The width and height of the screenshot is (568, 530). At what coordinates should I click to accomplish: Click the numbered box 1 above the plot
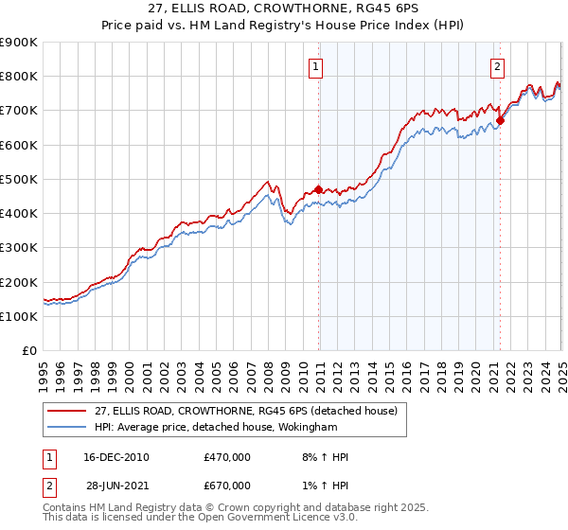(x=314, y=66)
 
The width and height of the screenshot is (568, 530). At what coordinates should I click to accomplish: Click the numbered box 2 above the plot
(x=497, y=66)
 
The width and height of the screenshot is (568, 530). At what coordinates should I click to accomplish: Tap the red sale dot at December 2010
(x=319, y=188)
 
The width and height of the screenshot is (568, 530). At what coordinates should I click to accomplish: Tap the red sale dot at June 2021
(x=501, y=120)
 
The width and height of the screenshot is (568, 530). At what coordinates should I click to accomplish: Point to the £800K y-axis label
(x=19, y=77)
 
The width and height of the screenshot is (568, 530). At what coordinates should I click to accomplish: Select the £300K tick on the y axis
(x=19, y=248)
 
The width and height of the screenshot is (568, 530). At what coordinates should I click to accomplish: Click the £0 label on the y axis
(x=28, y=351)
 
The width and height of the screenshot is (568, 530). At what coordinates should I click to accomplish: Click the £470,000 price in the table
(x=227, y=457)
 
